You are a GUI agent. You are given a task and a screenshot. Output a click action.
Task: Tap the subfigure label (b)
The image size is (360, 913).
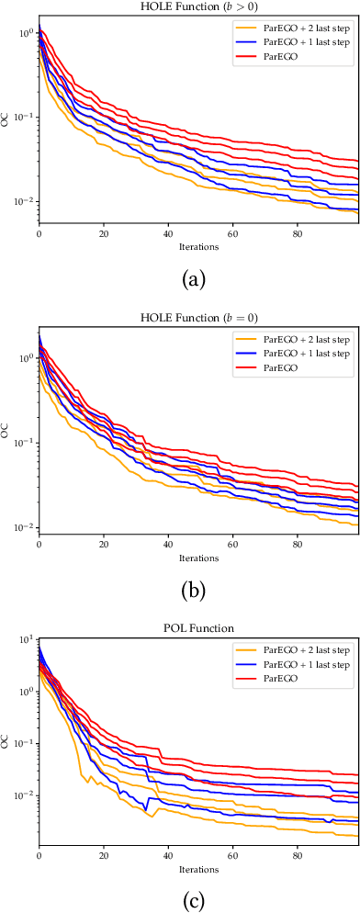[x=194, y=583]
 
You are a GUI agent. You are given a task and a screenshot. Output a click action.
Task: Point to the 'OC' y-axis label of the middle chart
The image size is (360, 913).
[x=7, y=429]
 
